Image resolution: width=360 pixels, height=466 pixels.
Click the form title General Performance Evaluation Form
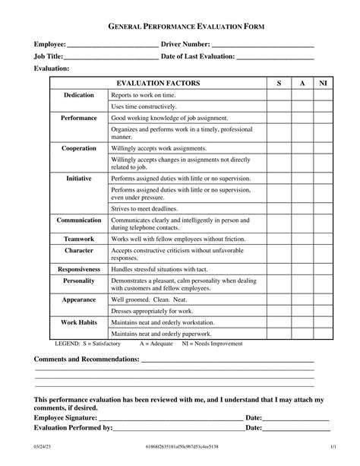[179, 26]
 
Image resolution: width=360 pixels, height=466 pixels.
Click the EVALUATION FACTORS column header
[157, 82]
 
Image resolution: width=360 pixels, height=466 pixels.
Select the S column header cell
[279, 82]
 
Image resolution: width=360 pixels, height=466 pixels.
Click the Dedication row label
[79, 95]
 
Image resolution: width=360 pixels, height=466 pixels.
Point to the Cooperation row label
[79, 148]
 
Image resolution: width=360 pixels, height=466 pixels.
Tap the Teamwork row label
[79, 238]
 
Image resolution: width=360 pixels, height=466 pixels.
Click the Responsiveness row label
[79, 269]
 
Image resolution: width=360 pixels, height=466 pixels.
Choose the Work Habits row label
[79, 322]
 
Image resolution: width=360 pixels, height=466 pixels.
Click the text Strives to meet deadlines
[144, 208]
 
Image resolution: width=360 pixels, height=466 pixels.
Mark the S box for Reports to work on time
[279, 95]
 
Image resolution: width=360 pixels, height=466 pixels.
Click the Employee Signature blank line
[176, 417]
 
